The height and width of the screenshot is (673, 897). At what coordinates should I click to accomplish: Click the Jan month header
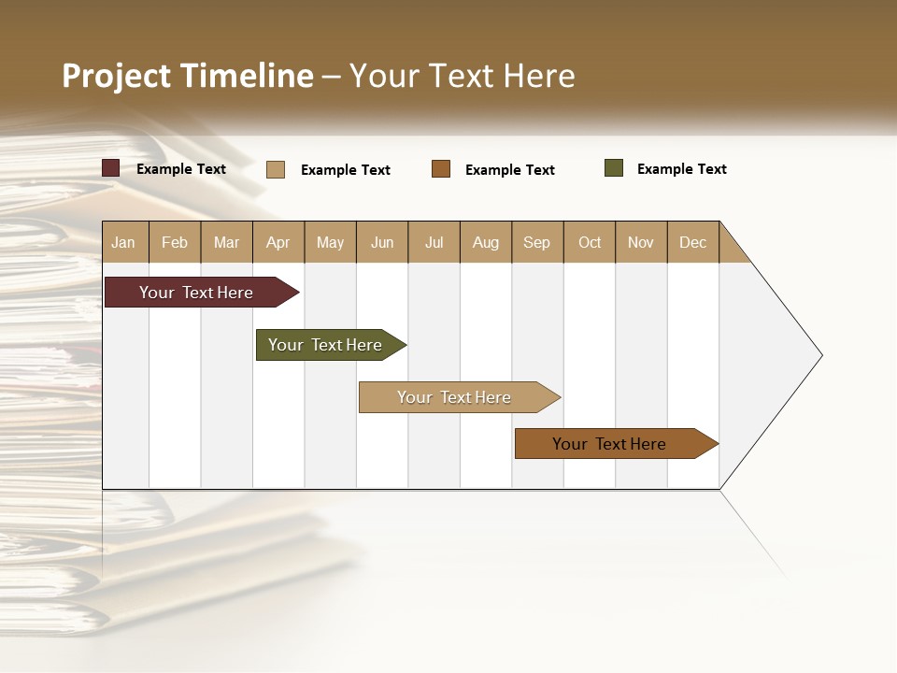(x=123, y=242)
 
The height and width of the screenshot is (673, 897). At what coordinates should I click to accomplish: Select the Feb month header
(x=175, y=242)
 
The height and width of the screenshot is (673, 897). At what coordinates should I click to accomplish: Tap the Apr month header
(x=278, y=242)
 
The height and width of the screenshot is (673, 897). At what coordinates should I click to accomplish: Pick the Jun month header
(x=382, y=242)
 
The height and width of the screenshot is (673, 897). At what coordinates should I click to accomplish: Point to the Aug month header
(x=485, y=242)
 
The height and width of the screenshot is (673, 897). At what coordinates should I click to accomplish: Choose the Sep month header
(x=536, y=242)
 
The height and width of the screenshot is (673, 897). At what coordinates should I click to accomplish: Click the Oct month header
(x=590, y=242)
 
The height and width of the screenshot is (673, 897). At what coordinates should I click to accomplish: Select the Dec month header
(x=692, y=242)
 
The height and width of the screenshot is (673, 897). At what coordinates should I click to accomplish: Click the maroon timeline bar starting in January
(x=197, y=293)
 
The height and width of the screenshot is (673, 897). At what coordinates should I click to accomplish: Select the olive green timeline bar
(x=326, y=345)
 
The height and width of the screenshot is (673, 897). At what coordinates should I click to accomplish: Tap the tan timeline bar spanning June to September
(x=455, y=397)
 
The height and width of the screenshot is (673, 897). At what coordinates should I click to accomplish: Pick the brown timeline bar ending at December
(x=610, y=444)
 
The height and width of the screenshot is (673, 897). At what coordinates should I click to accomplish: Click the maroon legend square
(x=111, y=168)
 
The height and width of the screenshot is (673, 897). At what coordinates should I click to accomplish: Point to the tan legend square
(x=276, y=169)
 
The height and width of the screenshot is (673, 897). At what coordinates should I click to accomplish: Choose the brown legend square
(x=441, y=169)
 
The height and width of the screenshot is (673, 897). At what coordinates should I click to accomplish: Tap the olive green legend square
(x=614, y=168)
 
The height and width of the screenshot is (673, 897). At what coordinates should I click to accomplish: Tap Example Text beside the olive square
(x=681, y=169)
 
